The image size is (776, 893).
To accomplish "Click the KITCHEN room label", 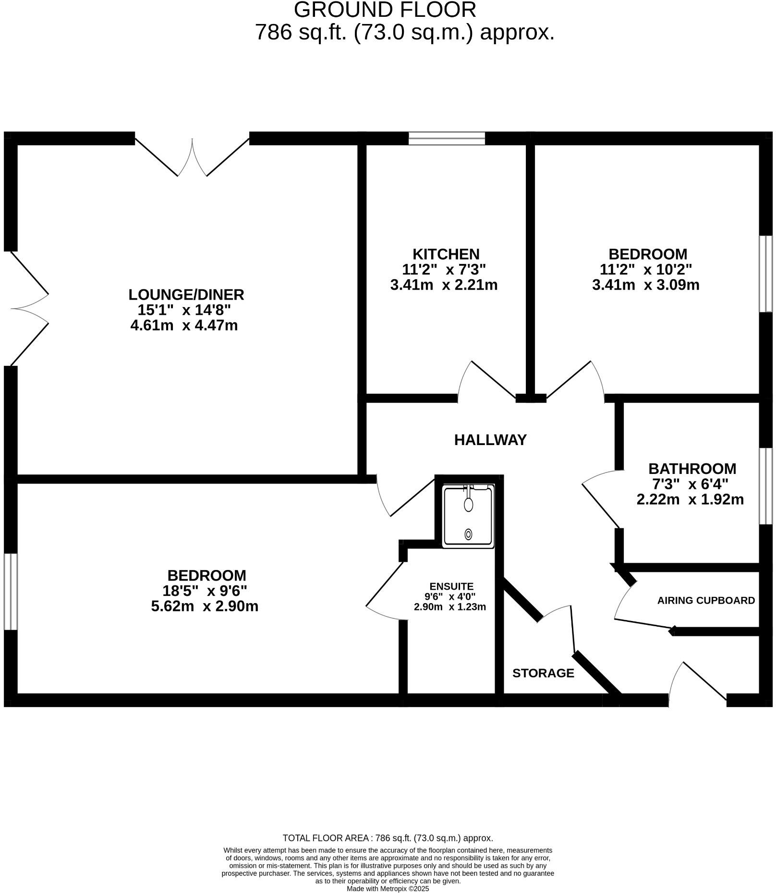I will tap(446, 254).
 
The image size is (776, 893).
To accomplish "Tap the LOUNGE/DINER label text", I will tap(186, 294).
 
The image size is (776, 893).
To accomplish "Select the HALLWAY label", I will tap(490, 440).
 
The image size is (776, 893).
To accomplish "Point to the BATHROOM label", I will tap(692, 469).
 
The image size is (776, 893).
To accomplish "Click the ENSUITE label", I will tap(451, 586).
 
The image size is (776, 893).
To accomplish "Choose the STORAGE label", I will tap(543, 673).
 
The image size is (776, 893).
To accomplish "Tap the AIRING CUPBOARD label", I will tap(706, 600).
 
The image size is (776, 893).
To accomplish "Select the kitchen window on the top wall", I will tap(447, 138).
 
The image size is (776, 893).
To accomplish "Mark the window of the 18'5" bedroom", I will tap(11, 592).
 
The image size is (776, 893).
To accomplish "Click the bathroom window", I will tap(765, 486).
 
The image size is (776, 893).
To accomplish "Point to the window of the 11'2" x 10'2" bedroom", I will tap(765, 274).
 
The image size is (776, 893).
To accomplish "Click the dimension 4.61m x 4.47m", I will tap(184, 325).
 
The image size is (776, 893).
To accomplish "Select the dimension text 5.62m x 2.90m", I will tap(205, 606).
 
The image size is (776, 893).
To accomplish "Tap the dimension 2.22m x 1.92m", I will tap(690, 499).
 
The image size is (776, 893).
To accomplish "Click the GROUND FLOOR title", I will tap(385, 10).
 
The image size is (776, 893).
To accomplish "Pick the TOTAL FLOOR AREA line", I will tap(388, 838).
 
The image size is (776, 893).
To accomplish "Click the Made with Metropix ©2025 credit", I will tap(388, 889).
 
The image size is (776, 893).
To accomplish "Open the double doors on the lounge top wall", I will tap(192, 156).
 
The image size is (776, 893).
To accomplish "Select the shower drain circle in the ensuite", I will tap(468, 534).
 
